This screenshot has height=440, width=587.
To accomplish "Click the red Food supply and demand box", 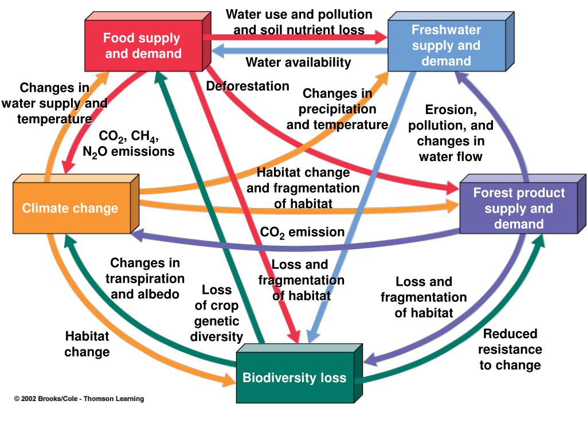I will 143,46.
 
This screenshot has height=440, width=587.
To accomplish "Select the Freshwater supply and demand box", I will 446,45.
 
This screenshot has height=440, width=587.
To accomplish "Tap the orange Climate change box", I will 70,208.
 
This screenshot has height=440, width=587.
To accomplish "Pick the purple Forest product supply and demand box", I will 518,208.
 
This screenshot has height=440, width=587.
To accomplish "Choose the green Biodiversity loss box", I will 294,378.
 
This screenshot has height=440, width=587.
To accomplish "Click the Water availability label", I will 298,62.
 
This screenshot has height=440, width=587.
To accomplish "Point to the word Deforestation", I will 248,87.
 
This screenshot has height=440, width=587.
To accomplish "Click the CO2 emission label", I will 302,232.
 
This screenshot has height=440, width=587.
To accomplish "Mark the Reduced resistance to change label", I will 510,349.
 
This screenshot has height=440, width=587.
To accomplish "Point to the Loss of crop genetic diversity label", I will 217,313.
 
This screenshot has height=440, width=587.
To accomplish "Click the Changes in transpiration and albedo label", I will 145,278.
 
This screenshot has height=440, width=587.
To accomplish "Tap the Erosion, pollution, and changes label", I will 451,133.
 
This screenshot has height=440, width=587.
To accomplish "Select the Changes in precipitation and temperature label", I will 337,109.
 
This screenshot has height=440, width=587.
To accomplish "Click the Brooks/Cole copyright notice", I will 79,399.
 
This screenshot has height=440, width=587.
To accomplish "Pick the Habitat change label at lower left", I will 87,344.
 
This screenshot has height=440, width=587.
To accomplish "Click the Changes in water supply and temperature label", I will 54,104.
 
